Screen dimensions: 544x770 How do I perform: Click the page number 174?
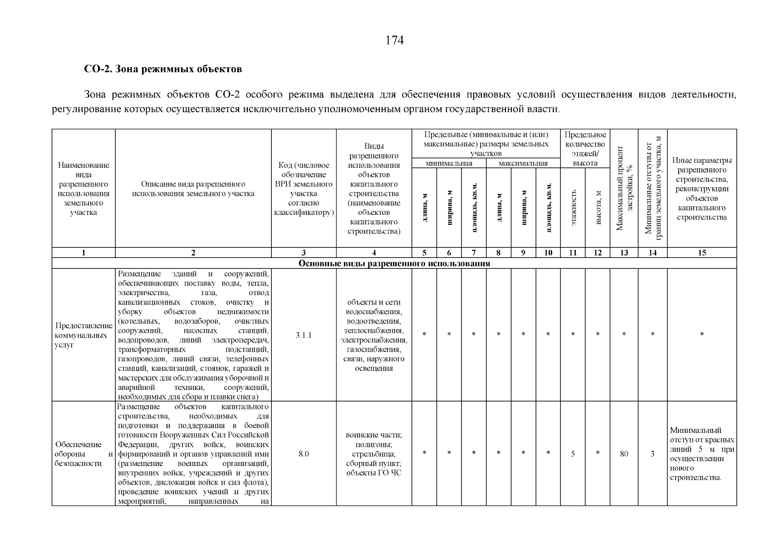coord(394,40)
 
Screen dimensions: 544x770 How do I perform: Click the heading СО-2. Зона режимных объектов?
coord(163,69)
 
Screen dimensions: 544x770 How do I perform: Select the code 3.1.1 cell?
coord(304,335)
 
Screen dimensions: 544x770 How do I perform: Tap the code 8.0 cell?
coord(304,453)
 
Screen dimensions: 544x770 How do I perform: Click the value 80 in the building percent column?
coord(624,453)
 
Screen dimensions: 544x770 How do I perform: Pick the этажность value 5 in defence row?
coord(573,453)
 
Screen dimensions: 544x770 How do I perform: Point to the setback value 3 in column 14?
coord(652,453)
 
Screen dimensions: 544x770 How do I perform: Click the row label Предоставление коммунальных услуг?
coord(83,335)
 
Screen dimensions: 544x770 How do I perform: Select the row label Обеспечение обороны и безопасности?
coord(83,453)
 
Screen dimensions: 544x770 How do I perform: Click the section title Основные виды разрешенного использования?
coord(394,263)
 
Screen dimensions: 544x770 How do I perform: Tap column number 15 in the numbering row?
coord(701,253)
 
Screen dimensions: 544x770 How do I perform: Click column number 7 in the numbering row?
coord(473,253)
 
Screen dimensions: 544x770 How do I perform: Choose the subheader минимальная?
coord(449,163)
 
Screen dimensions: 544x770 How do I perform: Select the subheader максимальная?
coord(523,163)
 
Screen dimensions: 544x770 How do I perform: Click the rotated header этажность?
coord(573,207)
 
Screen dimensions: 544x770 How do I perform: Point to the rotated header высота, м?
coord(598,207)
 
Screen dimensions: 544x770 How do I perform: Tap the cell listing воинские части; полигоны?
coord(373,454)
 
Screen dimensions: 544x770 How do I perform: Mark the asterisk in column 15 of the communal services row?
coord(701,335)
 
